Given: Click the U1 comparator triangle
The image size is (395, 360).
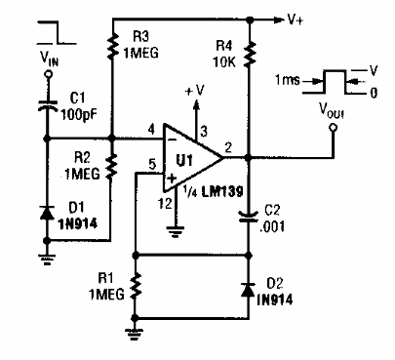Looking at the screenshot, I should [x=196, y=157].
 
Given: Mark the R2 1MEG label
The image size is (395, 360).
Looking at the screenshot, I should [x=80, y=162].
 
